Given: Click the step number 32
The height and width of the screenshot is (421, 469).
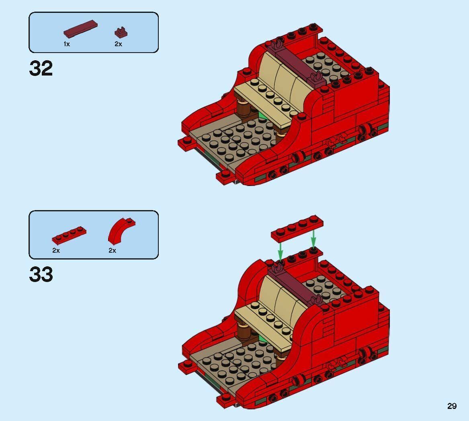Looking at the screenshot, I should coord(41,69).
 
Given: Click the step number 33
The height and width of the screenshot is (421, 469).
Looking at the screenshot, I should coord(41,275).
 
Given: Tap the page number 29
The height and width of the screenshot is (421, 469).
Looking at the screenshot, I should coord(452,406).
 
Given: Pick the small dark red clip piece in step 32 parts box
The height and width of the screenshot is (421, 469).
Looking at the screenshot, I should coord(119,32).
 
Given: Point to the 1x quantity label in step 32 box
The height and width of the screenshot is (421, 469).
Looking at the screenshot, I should coord(67,44).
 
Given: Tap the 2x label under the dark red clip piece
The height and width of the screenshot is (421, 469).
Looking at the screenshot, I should coord(118,44).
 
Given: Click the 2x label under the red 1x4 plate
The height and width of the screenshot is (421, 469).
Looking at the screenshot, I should coord(56,251).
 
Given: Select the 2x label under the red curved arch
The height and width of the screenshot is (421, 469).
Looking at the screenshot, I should coord(112,251).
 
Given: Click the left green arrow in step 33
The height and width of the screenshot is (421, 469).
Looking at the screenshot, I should coord(281,249).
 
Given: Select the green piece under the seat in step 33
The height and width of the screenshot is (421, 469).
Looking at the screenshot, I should coord(262,340).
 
